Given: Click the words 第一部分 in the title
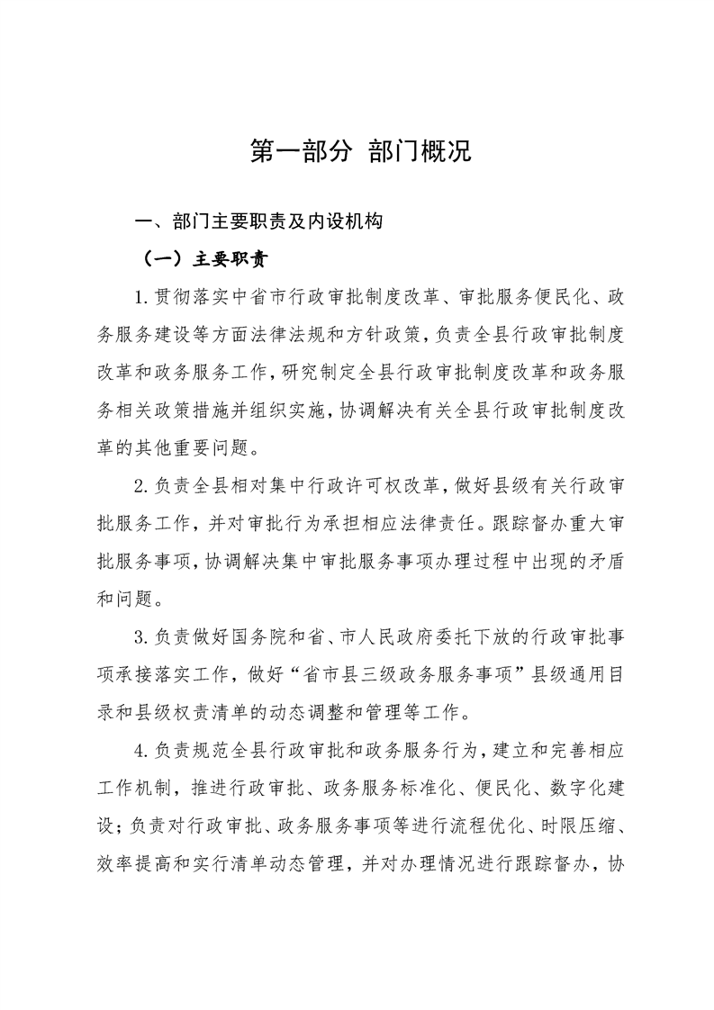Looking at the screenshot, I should pos(302,151).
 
